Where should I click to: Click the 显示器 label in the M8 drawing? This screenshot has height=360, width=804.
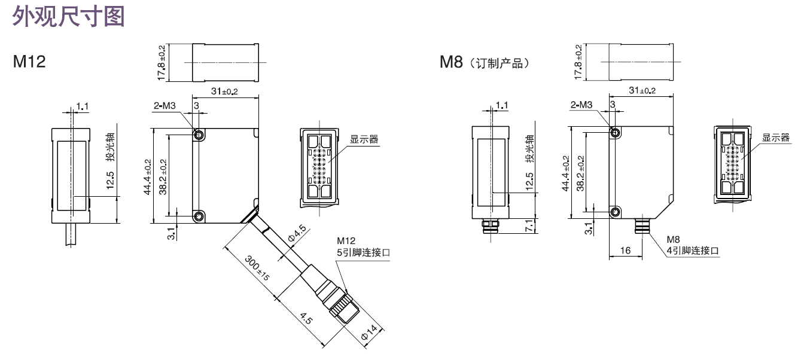[x=776, y=138]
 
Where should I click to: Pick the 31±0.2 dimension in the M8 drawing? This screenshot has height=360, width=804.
[x=642, y=91]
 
